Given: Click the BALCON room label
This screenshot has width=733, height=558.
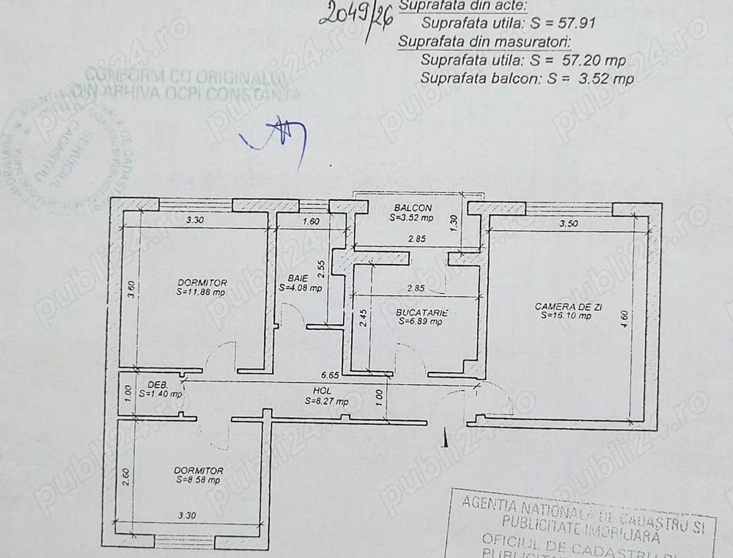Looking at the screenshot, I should pyautogui.click(x=412, y=208).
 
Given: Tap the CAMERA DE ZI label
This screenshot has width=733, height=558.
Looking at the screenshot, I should pyautogui.click(x=568, y=306).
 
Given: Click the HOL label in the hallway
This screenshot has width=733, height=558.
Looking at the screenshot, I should pyautogui.click(x=317, y=392).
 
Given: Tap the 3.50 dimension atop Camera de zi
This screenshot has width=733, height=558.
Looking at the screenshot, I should pyautogui.click(x=569, y=224).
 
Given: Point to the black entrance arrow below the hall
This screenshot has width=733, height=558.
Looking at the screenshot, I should pyautogui.click(x=444, y=438).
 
